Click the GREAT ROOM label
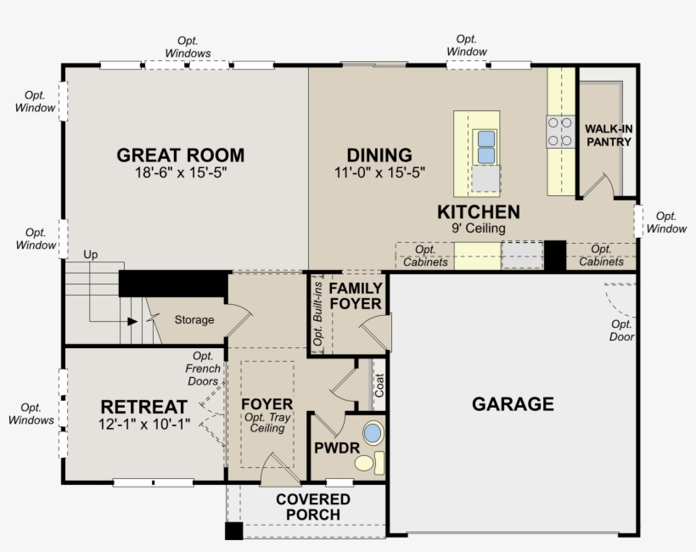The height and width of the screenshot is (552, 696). pyautogui.click(x=181, y=155)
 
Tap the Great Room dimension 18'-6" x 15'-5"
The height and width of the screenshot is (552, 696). pyautogui.click(x=181, y=172)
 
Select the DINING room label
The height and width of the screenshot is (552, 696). pyautogui.click(x=379, y=155)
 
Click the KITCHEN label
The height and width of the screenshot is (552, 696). pyautogui.click(x=479, y=211)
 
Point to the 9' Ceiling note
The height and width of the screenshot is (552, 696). pyautogui.click(x=479, y=228)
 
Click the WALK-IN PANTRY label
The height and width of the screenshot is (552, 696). pyautogui.click(x=609, y=135)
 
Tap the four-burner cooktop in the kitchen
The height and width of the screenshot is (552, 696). pyautogui.click(x=560, y=132)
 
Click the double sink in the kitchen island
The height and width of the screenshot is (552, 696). pyautogui.click(x=486, y=147)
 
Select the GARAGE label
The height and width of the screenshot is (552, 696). pyautogui.click(x=513, y=404)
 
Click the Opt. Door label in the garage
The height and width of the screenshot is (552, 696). pyautogui.click(x=621, y=330)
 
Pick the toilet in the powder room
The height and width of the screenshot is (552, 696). pyautogui.click(x=369, y=463)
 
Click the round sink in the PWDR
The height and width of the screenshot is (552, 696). pyautogui.click(x=373, y=433)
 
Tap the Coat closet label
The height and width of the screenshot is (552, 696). pyautogui.click(x=379, y=385)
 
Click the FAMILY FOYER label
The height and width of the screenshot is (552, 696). pyautogui.click(x=356, y=296)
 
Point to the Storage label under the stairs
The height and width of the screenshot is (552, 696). pyautogui.click(x=194, y=320)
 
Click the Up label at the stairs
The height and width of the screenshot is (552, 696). pyautogui.click(x=91, y=255)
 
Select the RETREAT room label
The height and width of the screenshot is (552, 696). pyautogui.click(x=143, y=407)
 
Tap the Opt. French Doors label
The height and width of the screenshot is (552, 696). pyautogui.click(x=203, y=369)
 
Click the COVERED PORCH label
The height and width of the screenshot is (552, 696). pyautogui.click(x=313, y=507)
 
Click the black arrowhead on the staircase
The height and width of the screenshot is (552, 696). pyautogui.click(x=132, y=321)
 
